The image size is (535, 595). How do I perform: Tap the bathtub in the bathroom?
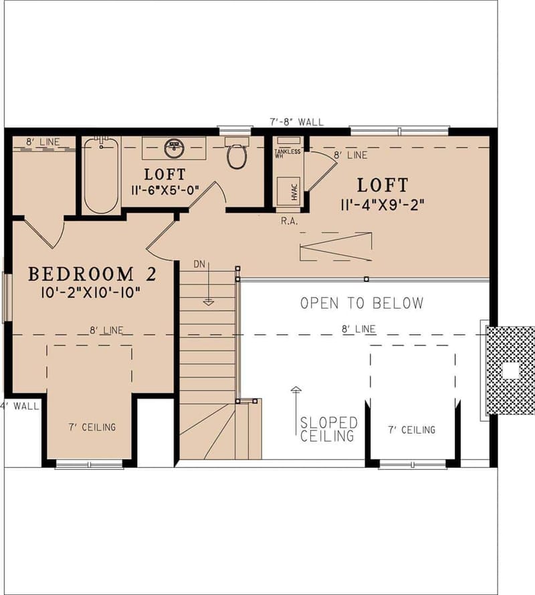tap(102, 175)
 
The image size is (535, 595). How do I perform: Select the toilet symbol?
tap(236, 155)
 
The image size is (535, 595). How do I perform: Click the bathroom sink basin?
tap(174, 145)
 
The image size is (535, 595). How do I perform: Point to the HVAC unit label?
tap(294, 191)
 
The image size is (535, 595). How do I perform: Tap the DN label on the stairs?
tap(199, 264)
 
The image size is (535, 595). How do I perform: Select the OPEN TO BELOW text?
tap(362, 303)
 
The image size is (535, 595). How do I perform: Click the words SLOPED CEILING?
tap(328, 430)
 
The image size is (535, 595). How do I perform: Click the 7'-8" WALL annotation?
tap(296, 122)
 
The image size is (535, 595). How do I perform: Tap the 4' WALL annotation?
tap(20, 406)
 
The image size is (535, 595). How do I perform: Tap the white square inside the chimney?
tap(511, 370)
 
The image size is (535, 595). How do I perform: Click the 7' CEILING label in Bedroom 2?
tap(92, 427)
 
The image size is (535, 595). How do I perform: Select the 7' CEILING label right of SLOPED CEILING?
tap(411, 430)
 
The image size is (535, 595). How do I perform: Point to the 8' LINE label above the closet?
tap(43, 142)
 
